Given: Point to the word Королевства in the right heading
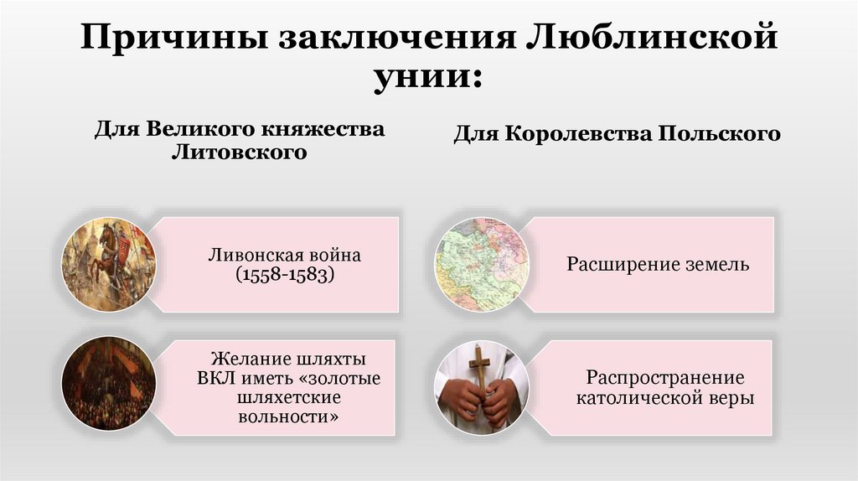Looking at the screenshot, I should coord(570,134).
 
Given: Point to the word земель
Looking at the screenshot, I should coord(715,265).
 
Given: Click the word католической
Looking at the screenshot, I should coord(635,399).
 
